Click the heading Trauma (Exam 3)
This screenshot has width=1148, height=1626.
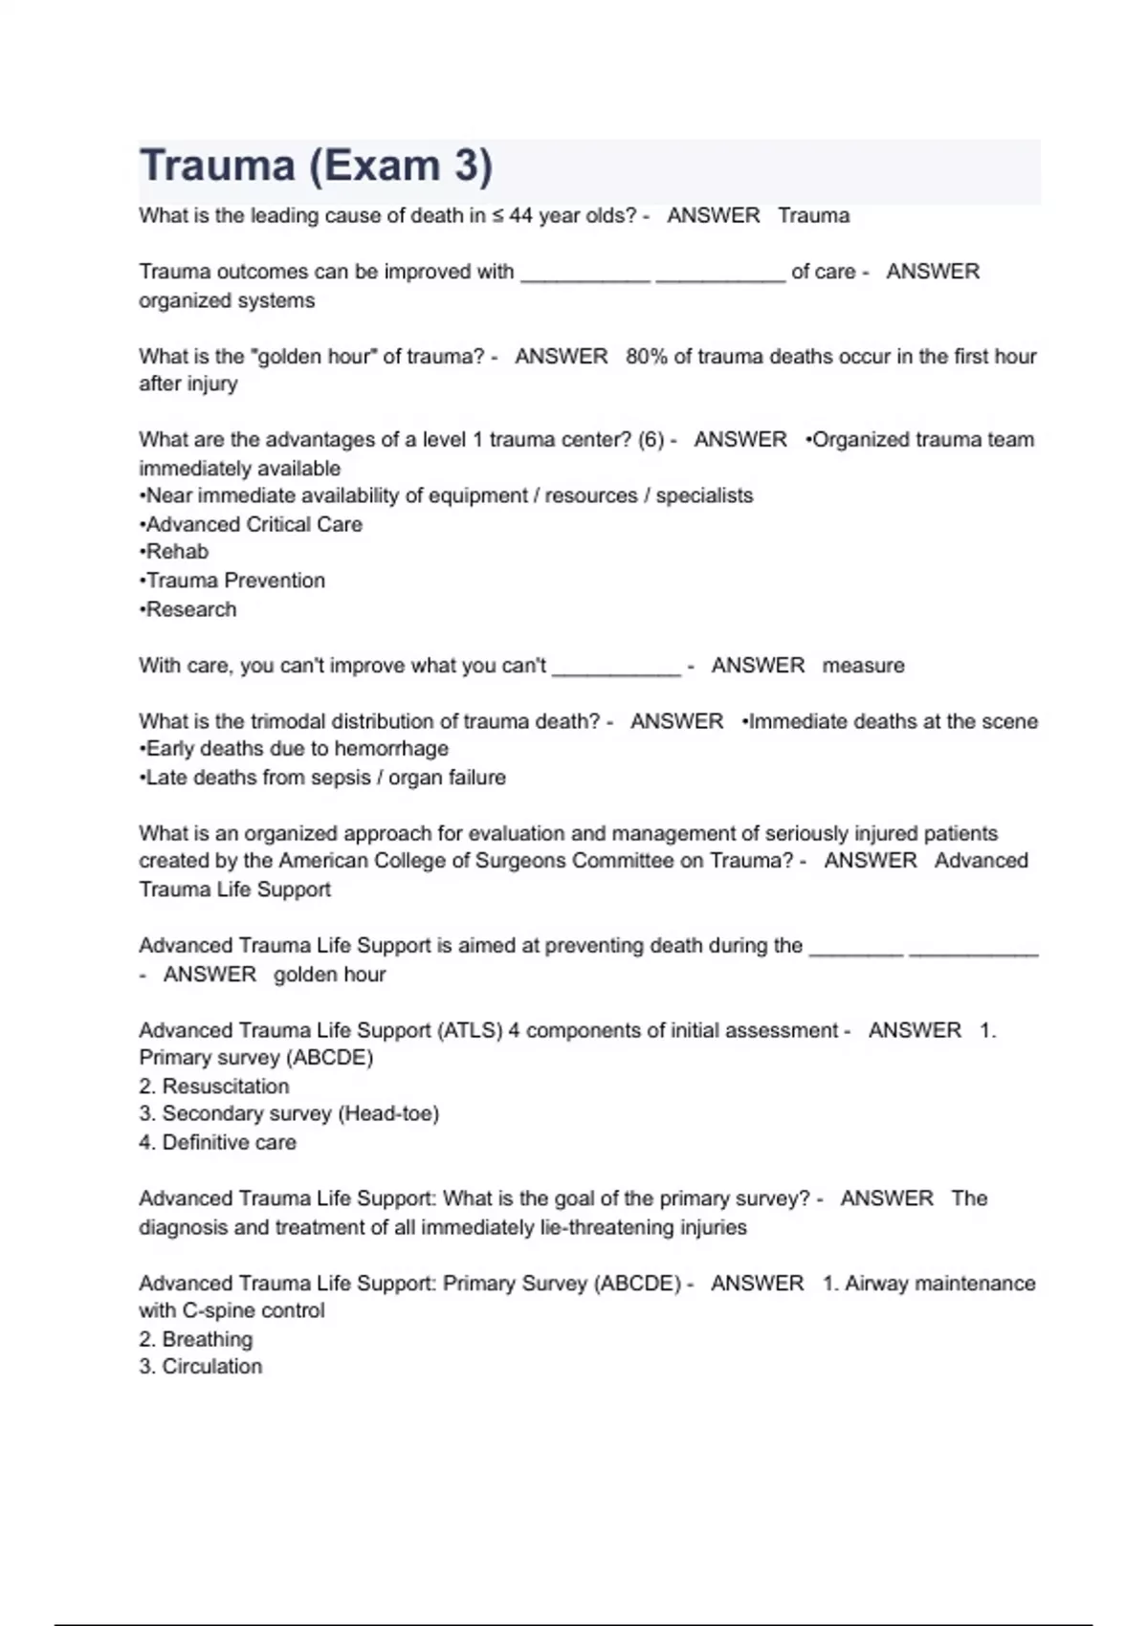click(316, 166)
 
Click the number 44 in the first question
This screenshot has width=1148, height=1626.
click(520, 216)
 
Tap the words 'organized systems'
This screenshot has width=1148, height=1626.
click(227, 300)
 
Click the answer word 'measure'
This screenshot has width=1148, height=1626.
click(863, 666)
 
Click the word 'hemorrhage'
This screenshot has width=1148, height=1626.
click(391, 749)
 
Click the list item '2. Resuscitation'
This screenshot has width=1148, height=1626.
click(214, 1087)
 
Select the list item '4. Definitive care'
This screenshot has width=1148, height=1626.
click(218, 1142)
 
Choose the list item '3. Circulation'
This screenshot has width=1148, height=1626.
click(201, 1367)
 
